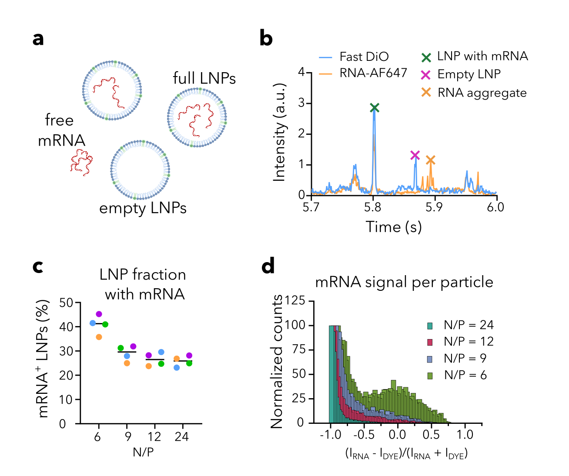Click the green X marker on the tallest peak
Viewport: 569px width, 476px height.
coord(375,108)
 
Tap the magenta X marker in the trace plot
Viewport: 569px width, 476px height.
coord(415,155)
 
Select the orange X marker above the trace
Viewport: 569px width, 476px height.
coord(430,160)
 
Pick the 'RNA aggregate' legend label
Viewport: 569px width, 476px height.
coord(482,93)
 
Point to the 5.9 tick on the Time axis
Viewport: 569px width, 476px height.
coord(434,207)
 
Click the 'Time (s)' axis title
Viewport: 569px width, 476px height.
coord(394,227)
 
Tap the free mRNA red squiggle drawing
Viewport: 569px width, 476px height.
coord(82,162)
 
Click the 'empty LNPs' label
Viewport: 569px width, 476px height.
coord(143,208)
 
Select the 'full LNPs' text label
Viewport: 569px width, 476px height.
coord(204,79)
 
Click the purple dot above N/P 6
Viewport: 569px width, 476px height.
coord(99,314)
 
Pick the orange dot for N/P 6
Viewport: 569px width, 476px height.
coord(99,337)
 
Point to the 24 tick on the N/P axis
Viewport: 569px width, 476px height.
coord(181,436)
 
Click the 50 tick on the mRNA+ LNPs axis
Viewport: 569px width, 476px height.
coord(66,303)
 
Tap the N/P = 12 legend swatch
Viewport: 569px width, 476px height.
coord(430,342)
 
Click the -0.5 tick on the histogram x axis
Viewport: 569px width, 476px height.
coord(364,435)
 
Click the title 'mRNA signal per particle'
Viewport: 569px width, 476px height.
coord(404,283)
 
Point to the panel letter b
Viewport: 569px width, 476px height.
coord(266,38)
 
